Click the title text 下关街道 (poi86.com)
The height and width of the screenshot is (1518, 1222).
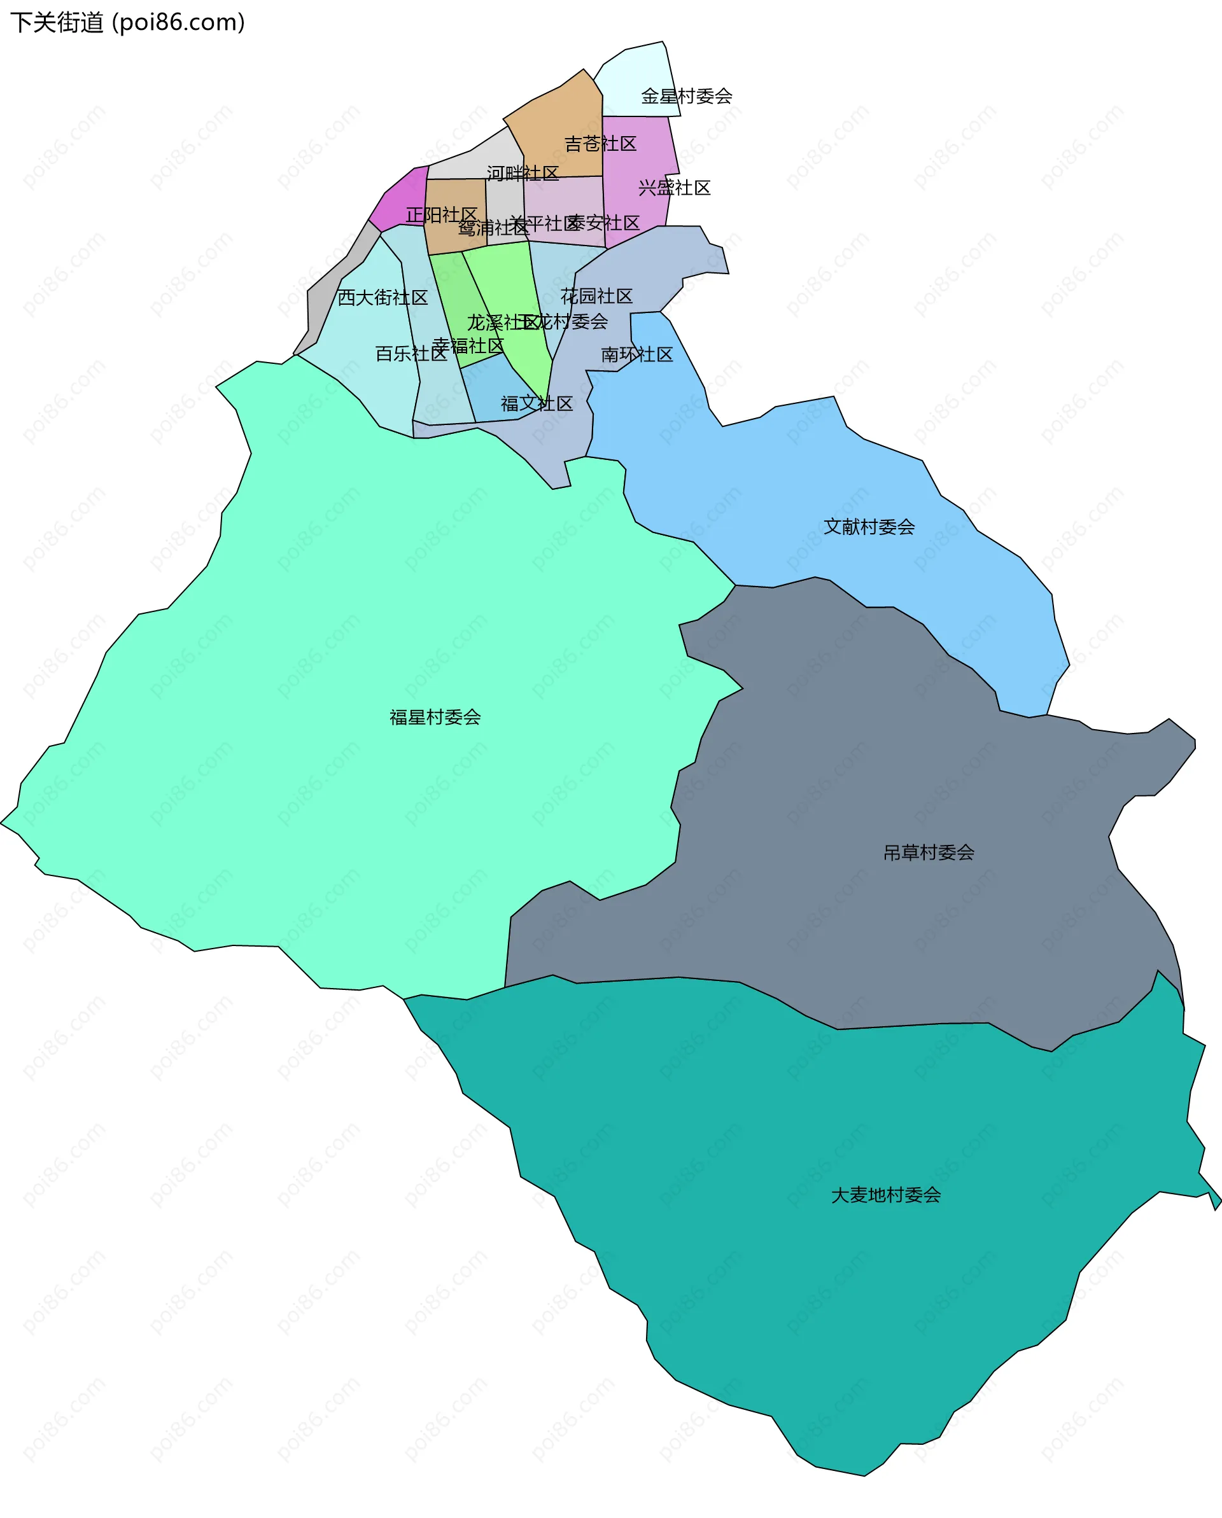point(127,22)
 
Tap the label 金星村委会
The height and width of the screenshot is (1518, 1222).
point(686,96)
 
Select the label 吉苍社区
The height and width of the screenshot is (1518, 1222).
point(600,144)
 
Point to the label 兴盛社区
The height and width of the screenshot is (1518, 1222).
point(674,187)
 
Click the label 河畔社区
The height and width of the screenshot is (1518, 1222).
point(522,173)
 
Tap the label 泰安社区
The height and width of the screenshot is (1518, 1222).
point(603,223)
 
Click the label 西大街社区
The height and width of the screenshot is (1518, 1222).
point(383,297)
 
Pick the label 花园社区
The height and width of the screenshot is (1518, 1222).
point(596,296)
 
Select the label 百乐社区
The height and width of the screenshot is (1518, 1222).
point(411,354)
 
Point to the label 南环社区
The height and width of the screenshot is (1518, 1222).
point(636,354)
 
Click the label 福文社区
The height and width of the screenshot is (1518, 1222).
point(537,403)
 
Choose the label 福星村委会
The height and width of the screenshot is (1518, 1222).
point(435,718)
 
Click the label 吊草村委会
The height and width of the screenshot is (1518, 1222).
point(929,853)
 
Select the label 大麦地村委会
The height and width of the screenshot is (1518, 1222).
point(885,1195)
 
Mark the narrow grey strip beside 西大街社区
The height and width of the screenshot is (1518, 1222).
point(331,282)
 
